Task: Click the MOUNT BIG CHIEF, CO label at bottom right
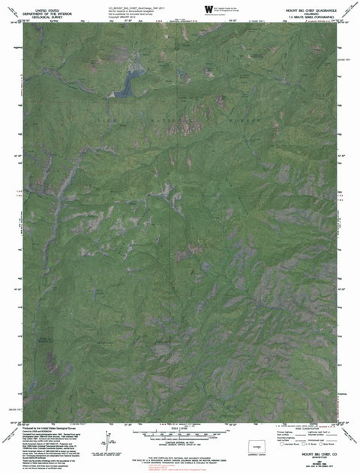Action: point(315,452)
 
